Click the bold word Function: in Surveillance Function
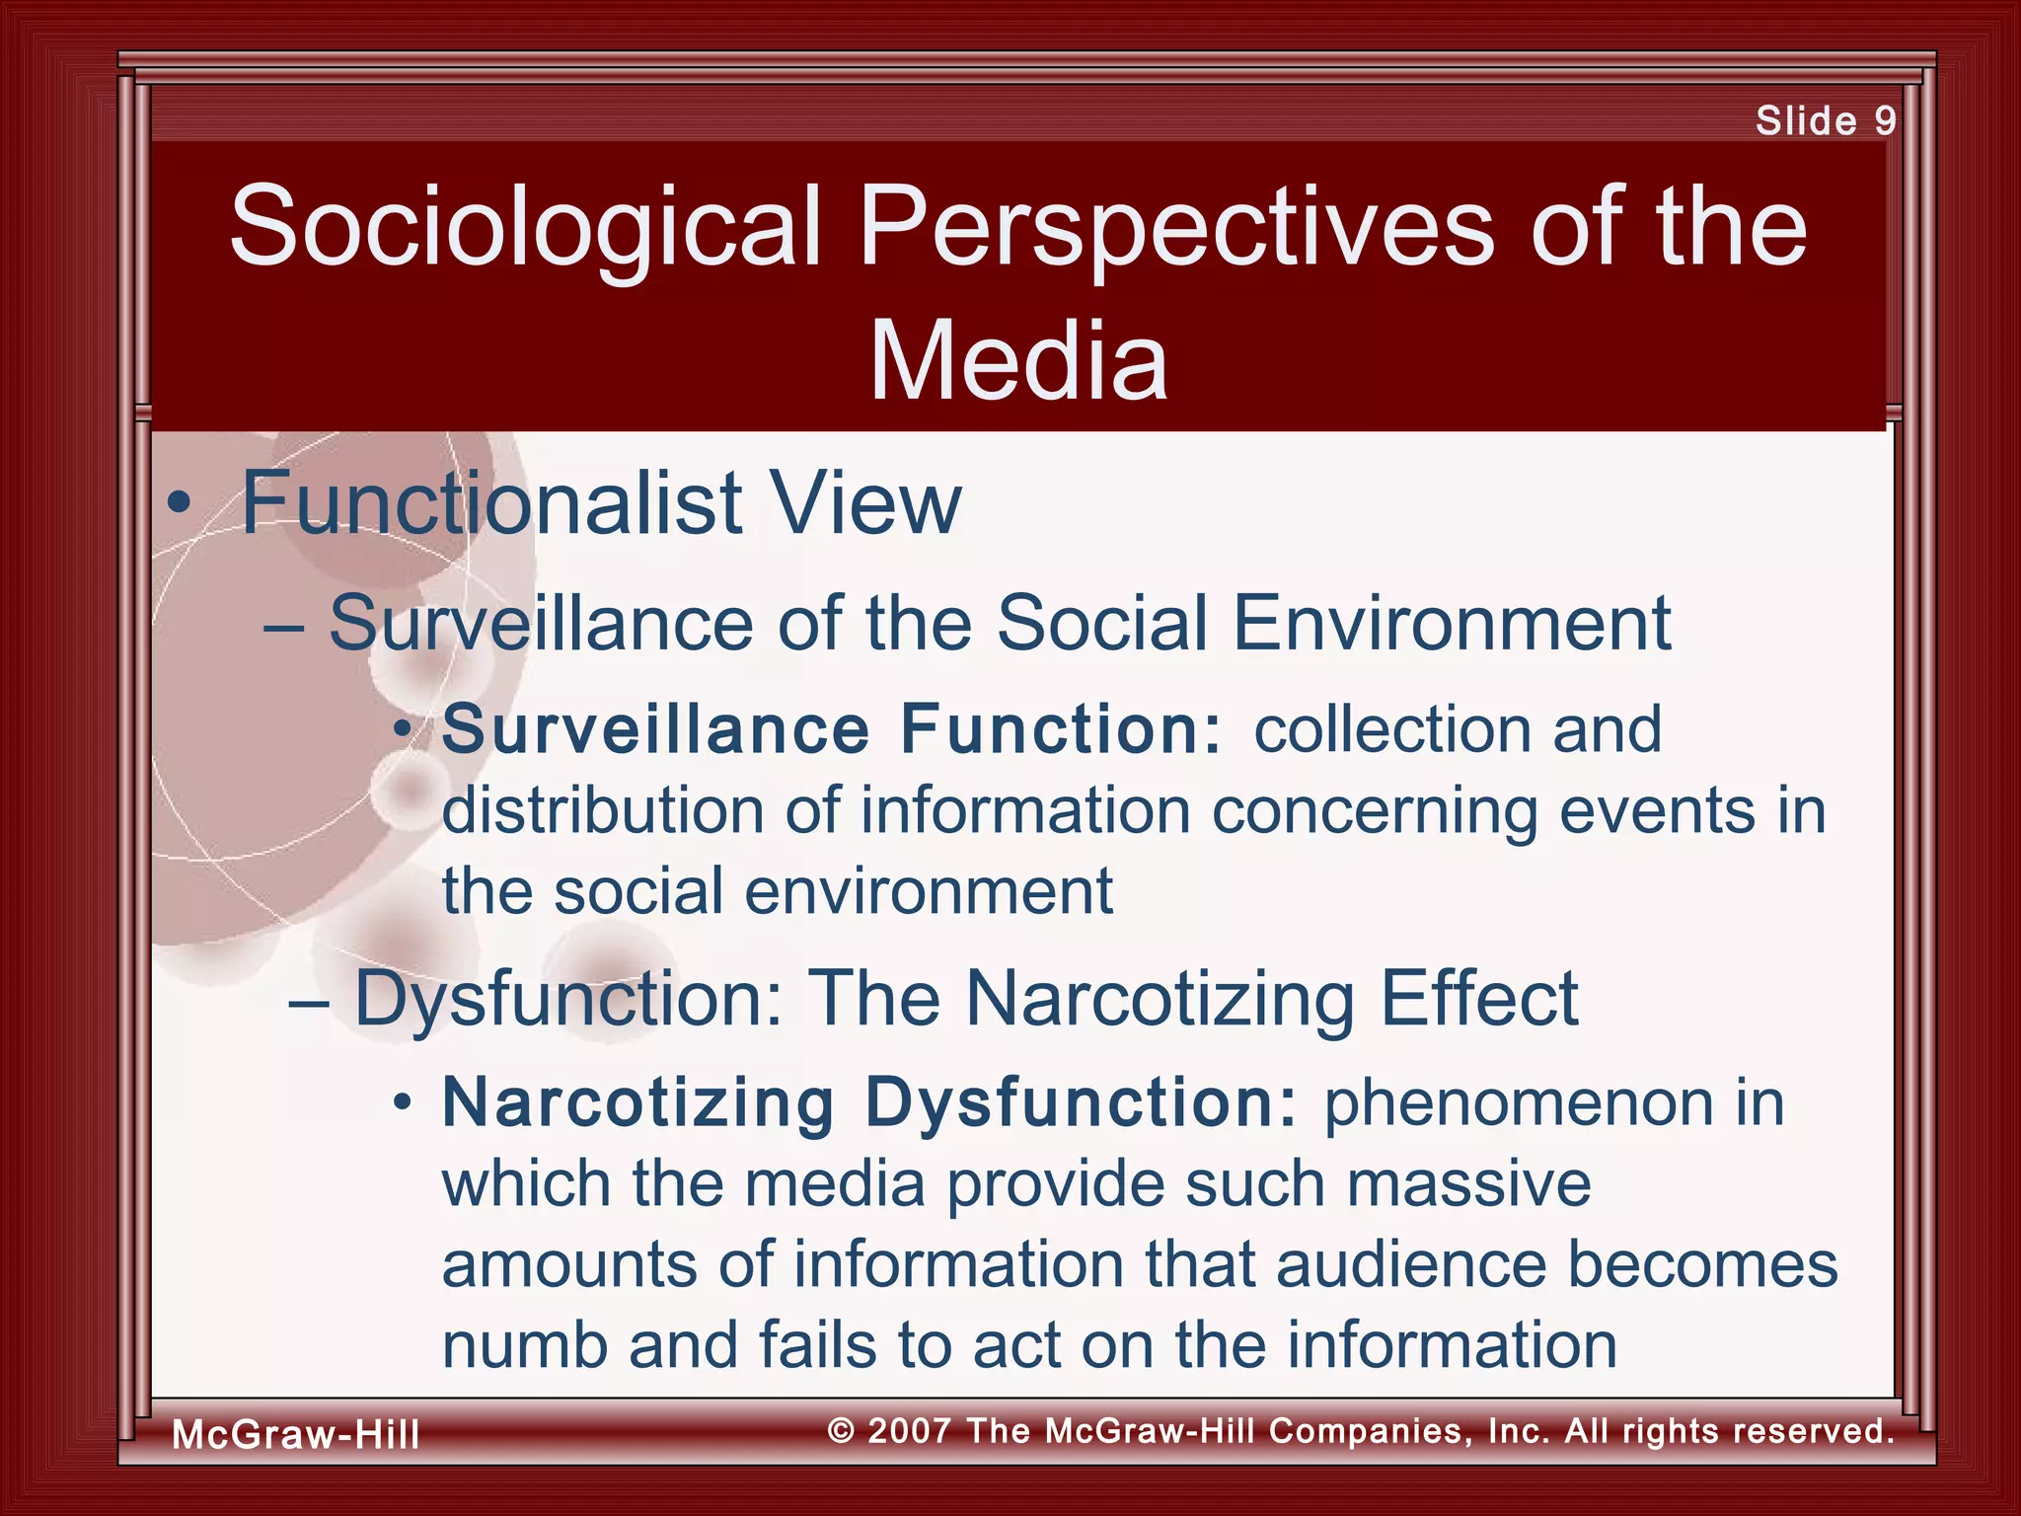click(x=1062, y=729)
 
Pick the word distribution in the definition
click(x=603, y=811)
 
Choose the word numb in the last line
click(x=524, y=1345)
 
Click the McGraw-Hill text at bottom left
click(x=296, y=1434)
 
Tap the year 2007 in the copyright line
click(x=909, y=1431)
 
